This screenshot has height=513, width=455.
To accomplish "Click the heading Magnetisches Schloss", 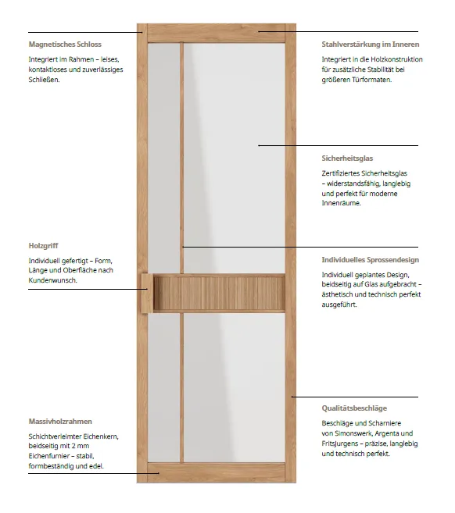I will click(x=65, y=45).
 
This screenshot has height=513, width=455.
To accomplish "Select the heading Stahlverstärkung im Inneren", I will click(x=370, y=45).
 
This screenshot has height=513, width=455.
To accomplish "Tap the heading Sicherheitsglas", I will click(x=347, y=159).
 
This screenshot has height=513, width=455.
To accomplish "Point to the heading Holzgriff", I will click(x=44, y=245).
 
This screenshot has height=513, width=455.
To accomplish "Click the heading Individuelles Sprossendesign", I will click(x=370, y=259).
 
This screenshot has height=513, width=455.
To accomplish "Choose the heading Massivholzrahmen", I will click(x=60, y=422).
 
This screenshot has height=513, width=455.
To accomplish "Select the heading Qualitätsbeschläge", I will click(x=354, y=408).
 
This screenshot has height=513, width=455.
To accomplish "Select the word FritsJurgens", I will click(x=342, y=444).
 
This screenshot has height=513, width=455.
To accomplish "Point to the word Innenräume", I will click(x=341, y=203).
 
